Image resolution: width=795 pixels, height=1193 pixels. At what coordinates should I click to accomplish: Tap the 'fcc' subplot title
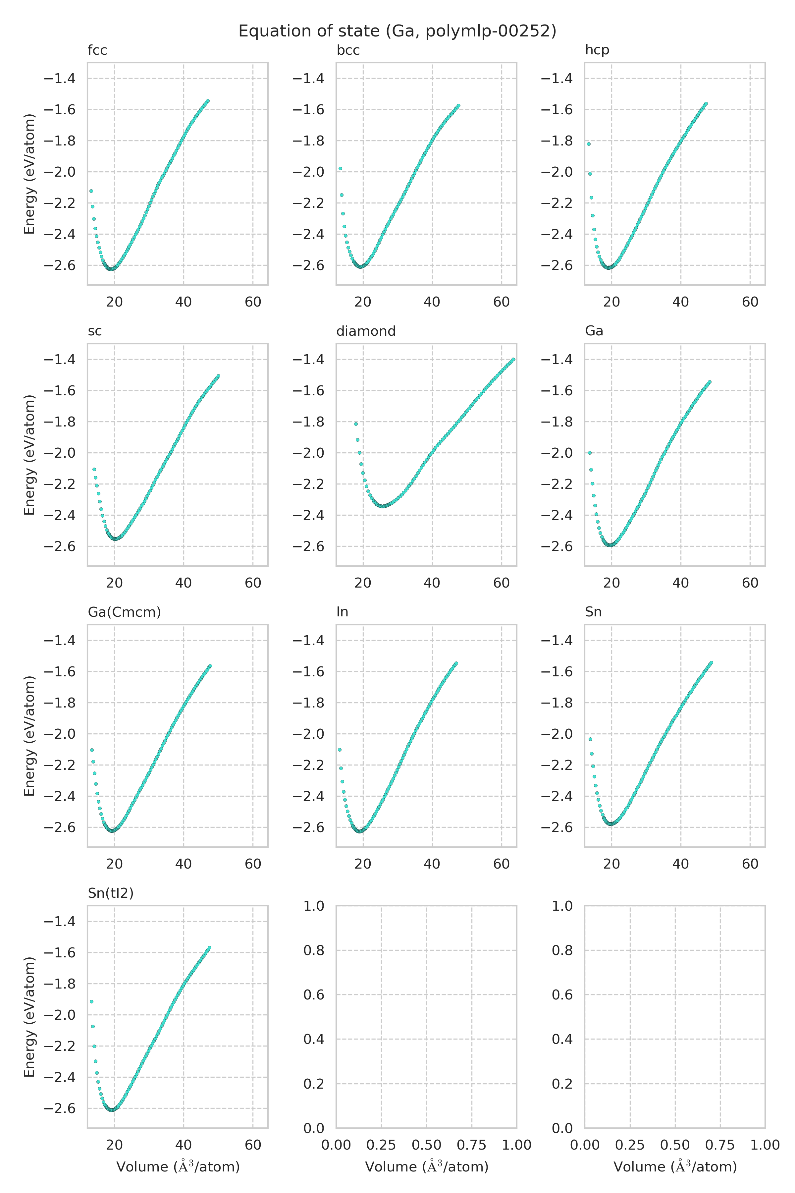click(x=97, y=50)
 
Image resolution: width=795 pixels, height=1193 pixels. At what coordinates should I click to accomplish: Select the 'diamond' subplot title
click(x=366, y=331)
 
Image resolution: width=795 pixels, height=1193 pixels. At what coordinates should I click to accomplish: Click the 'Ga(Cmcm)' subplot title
click(x=124, y=612)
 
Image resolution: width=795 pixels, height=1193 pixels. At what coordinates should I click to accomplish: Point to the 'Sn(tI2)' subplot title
click(x=111, y=893)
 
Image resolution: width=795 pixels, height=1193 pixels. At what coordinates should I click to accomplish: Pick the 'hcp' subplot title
click(x=597, y=50)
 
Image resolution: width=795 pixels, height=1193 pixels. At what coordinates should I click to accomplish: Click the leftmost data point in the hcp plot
click(x=589, y=144)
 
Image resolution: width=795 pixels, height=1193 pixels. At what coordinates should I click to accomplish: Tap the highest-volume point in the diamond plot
click(x=513, y=360)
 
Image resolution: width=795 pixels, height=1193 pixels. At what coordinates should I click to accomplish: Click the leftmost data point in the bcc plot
click(x=340, y=168)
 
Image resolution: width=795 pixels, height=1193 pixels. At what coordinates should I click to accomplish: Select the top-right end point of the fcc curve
click(x=207, y=101)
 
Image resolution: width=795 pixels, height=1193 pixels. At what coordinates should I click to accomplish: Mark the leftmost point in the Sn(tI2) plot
click(x=91, y=1002)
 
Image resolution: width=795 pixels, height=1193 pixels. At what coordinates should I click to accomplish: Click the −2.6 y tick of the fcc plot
click(x=60, y=266)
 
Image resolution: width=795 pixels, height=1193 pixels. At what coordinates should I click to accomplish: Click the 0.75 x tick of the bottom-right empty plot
click(x=720, y=1145)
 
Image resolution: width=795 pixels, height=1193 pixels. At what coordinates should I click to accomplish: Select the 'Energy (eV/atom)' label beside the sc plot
click(x=29, y=455)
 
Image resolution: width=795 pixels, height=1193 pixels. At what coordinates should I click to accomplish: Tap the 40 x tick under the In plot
click(x=432, y=864)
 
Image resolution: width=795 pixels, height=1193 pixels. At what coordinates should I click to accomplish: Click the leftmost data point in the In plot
click(x=340, y=750)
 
